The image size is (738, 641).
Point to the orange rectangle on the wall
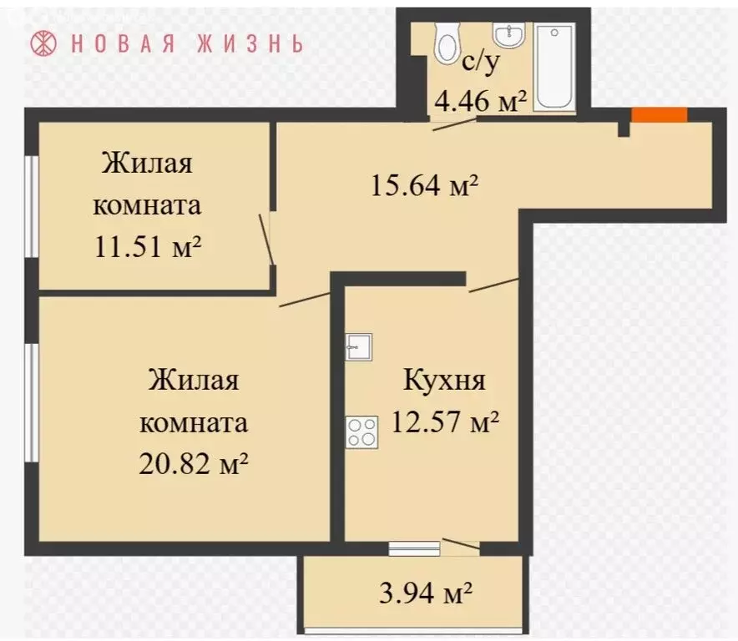pos(659,115)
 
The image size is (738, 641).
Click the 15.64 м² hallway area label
pos(423,184)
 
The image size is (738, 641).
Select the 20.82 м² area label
pos(194,462)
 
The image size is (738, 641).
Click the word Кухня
pos(444,381)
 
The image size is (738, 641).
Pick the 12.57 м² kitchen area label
pos(444,423)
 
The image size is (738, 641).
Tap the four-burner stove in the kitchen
pos(361,432)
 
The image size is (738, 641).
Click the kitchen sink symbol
pos(358,346)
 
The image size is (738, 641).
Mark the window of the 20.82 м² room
pos(31,401)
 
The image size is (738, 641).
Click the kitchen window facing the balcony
pos(414,548)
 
